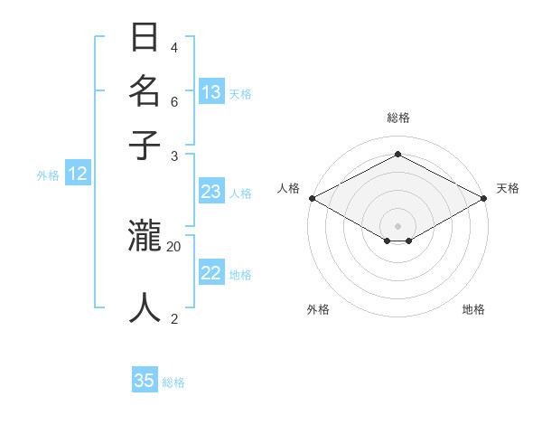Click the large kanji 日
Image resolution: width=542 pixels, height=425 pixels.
pyautogui.click(x=145, y=38)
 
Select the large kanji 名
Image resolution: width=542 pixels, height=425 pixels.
pyautogui.click(x=145, y=91)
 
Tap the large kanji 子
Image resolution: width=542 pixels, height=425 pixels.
pyautogui.click(x=145, y=145)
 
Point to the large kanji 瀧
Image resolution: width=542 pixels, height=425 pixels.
pyautogui.click(x=145, y=236)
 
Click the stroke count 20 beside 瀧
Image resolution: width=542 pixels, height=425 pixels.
pyautogui.click(x=174, y=246)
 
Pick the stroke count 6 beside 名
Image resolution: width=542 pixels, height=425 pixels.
pyautogui.click(x=174, y=101)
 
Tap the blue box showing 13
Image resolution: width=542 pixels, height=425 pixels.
pyautogui.click(x=211, y=91)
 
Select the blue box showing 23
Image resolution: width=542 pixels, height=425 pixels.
pyautogui.click(x=211, y=192)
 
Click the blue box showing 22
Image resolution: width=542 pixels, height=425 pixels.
pyautogui.click(x=211, y=273)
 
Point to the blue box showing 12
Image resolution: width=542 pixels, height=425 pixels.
pyautogui.click(x=78, y=174)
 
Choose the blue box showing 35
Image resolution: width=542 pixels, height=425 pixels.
pyautogui.click(x=145, y=381)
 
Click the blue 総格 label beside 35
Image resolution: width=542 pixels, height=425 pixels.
pyautogui.click(x=173, y=382)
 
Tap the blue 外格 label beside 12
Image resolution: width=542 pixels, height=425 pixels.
pyautogui.click(x=48, y=175)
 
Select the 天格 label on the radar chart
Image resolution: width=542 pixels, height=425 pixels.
pyautogui.click(x=508, y=188)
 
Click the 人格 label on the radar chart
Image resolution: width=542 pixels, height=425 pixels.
pyautogui.click(x=289, y=188)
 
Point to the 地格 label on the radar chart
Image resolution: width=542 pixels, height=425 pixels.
pyautogui.click(x=473, y=309)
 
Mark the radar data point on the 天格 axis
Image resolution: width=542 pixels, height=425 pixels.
pyautogui.click(x=485, y=198)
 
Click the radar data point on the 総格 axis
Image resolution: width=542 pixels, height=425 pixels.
pyautogui.click(x=397, y=154)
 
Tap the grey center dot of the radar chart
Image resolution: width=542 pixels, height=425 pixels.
pyautogui.click(x=397, y=225)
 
